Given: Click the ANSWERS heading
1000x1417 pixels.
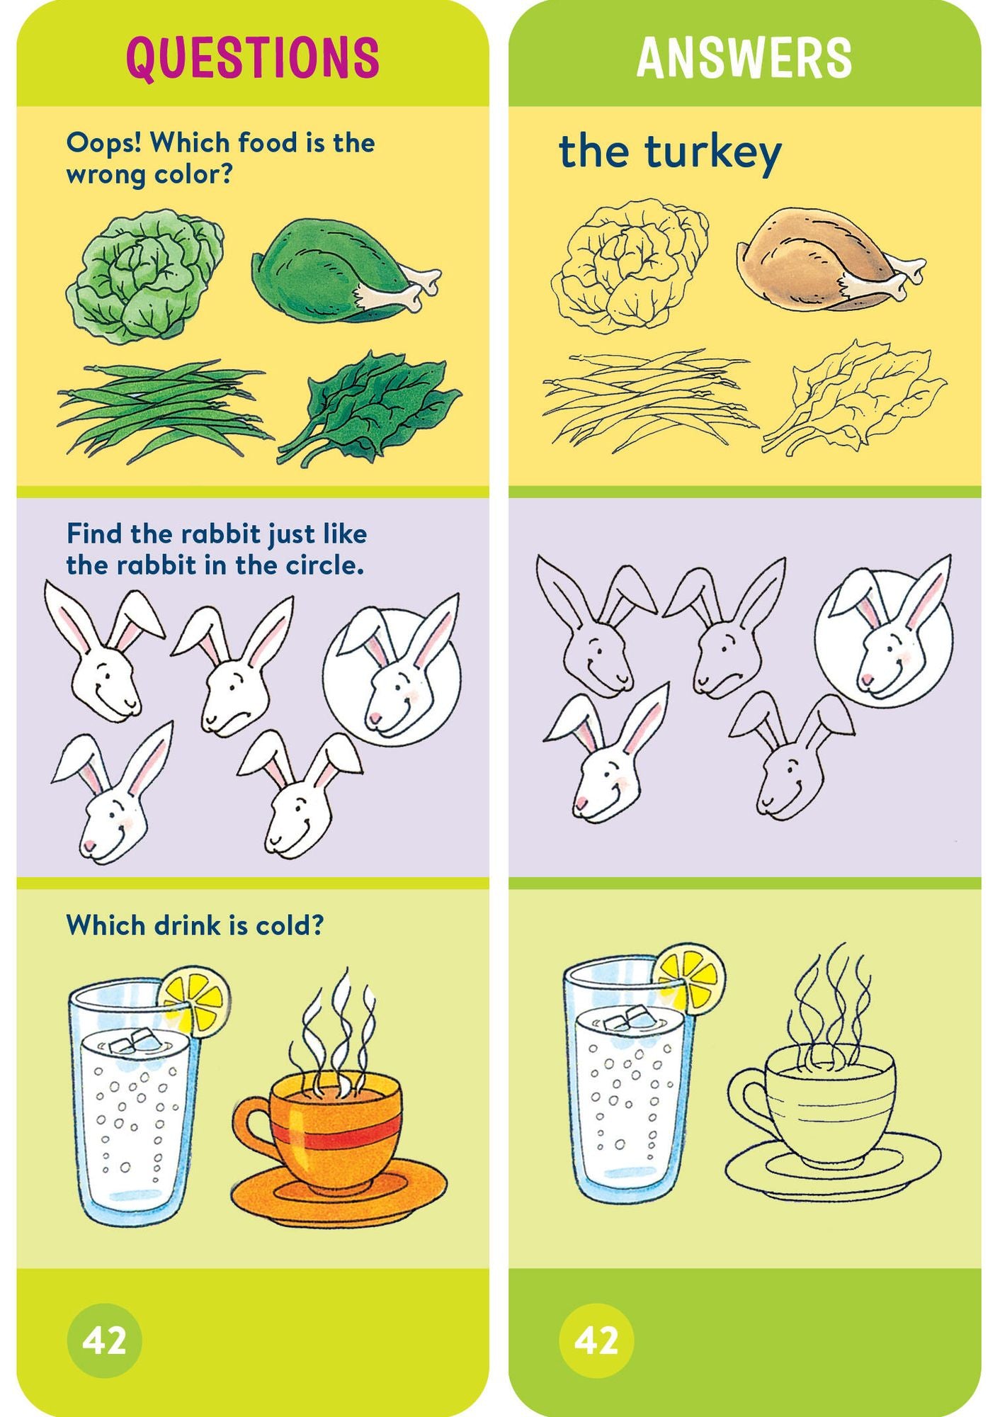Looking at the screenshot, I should click(744, 57).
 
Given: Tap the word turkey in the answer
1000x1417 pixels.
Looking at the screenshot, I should click(712, 152).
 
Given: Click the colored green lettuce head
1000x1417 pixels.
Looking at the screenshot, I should click(144, 276).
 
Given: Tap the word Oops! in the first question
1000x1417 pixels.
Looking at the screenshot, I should click(104, 142).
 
